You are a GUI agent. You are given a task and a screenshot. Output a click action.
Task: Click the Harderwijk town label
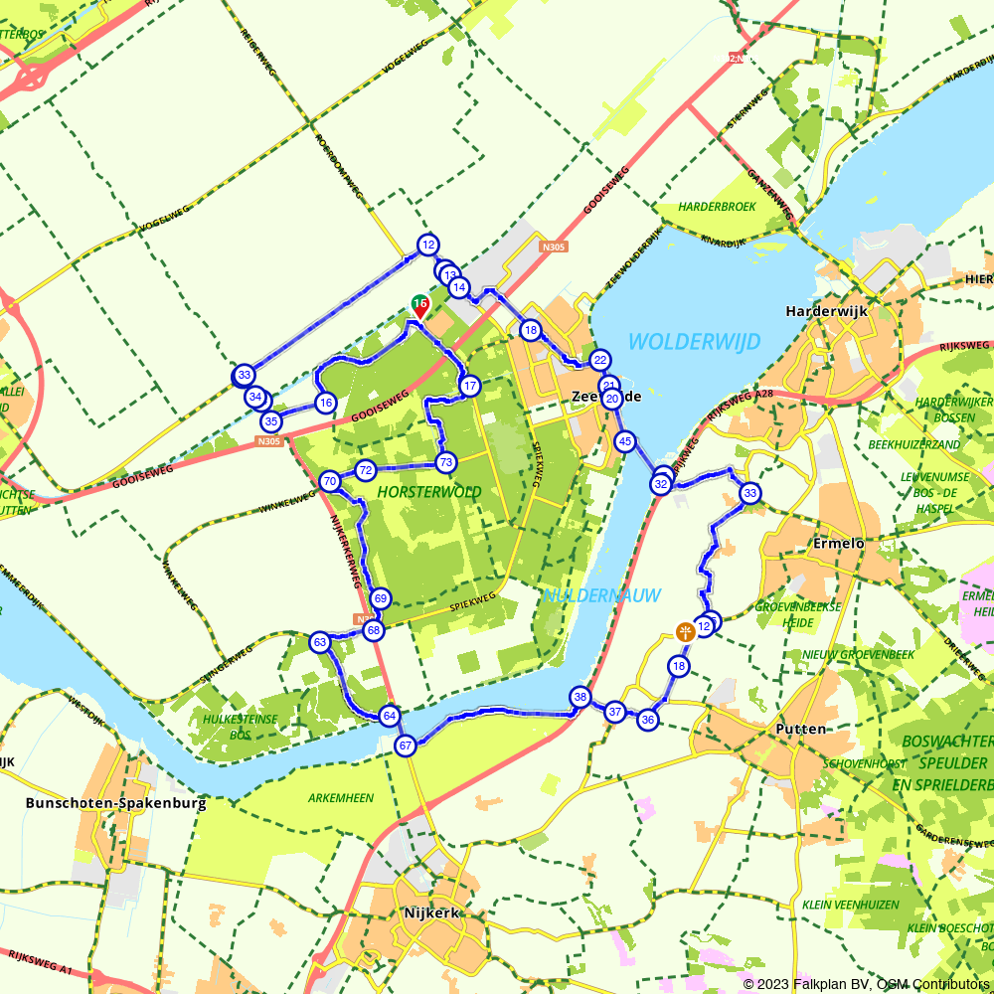tap(826, 311)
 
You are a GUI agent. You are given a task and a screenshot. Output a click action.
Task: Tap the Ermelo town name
tap(839, 544)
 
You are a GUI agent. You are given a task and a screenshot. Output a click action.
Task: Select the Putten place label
tap(800, 729)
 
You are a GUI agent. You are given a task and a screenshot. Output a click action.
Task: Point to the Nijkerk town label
tap(432, 913)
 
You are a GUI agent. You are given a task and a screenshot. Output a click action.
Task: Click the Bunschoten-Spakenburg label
tap(116, 803)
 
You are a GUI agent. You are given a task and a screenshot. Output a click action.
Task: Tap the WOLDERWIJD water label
tap(694, 343)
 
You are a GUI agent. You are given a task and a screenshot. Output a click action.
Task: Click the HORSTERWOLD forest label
tap(429, 492)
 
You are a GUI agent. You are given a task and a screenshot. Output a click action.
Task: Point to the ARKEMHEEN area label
tap(341, 798)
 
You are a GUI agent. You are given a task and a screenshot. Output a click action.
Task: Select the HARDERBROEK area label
tap(718, 207)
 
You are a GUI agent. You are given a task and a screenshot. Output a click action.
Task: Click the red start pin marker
tap(419, 307)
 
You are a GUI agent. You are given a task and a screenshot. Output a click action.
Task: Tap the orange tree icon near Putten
tap(685, 631)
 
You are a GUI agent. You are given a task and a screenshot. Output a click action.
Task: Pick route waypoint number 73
tap(445, 462)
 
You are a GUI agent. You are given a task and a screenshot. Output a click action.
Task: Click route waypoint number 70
tap(330, 482)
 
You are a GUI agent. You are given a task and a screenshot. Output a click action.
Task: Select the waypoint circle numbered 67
tap(405, 745)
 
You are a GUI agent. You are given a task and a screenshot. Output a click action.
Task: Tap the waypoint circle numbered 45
tap(624, 440)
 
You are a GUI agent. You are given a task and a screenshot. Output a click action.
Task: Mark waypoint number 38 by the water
tap(580, 696)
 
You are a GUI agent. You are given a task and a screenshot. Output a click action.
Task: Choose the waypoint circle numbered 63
tap(320, 642)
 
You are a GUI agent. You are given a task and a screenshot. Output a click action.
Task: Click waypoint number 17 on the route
tap(470, 386)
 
